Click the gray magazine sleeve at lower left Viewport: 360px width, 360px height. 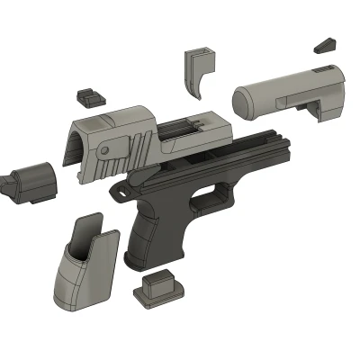[85, 274]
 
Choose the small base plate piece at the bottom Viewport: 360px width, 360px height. [159, 290]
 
